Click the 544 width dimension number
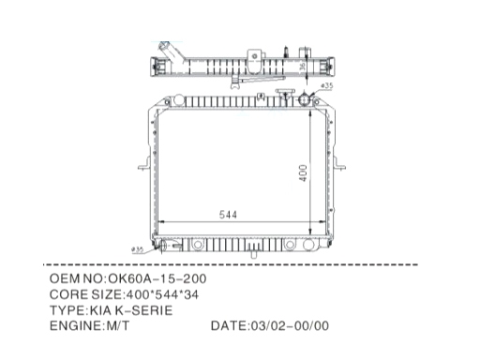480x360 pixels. pyautogui.click(x=228, y=215)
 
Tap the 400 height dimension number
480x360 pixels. pyautogui.click(x=303, y=172)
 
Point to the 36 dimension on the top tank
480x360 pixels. pyautogui.click(x=303, y=67)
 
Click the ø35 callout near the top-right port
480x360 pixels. pyautogui.click(x=327, y=85)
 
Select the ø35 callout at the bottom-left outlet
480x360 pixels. pyautogui.click(x=138, y=249)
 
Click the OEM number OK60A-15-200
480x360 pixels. pyautogui.click(x=157, y=278)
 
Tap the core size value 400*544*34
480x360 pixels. pyautogui.click(x=162, y=294)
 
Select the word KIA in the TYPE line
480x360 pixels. pyautogui.click(x=100, y=310)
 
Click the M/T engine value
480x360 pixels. pyautogui.click(x=117, y=326)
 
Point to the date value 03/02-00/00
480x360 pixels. pyautogui.click(x=289, y=326)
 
